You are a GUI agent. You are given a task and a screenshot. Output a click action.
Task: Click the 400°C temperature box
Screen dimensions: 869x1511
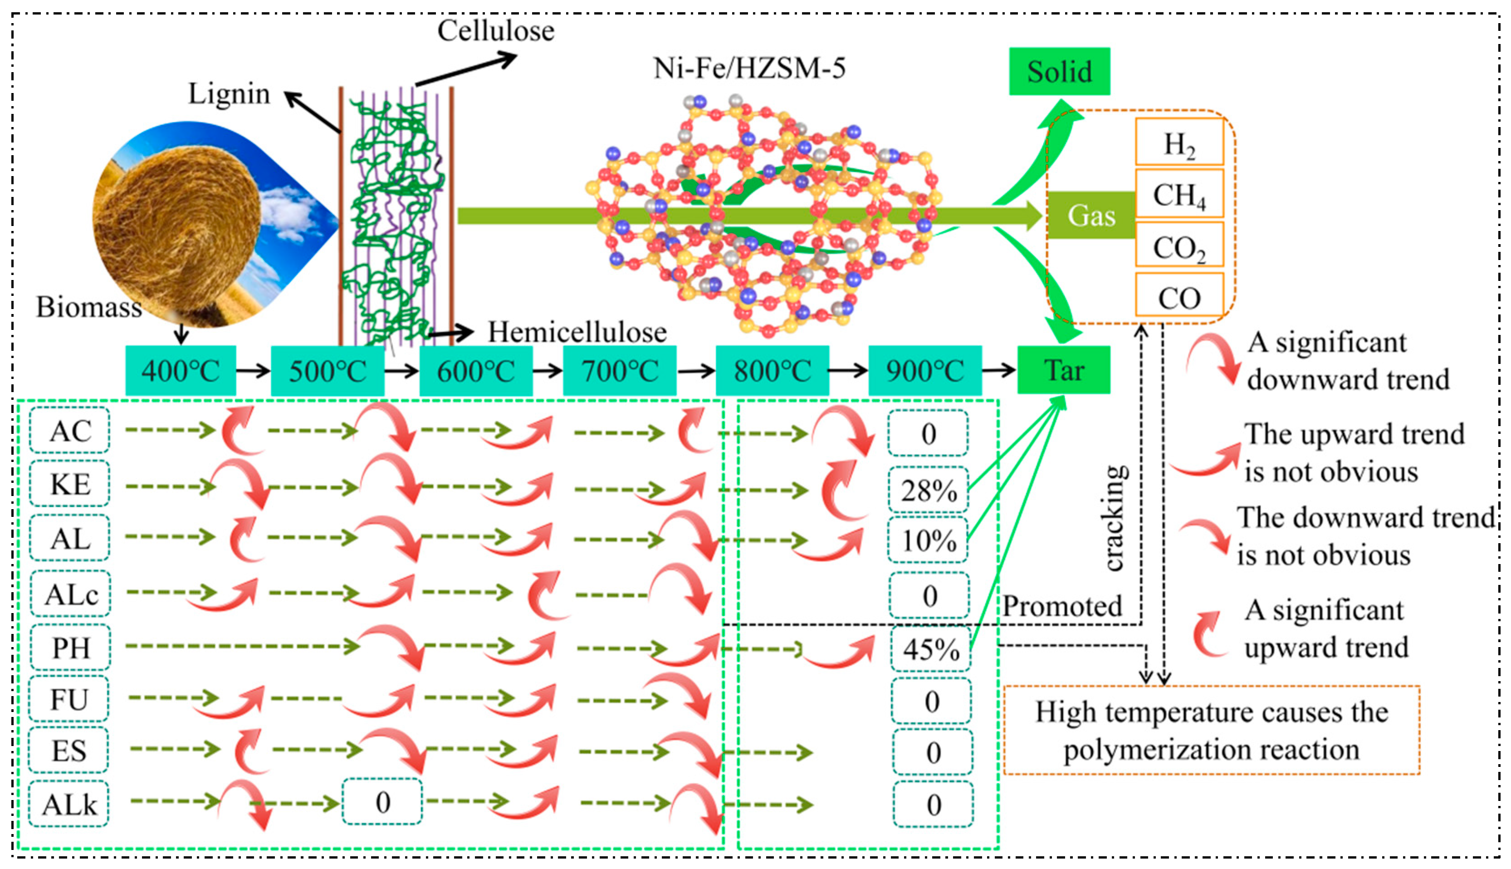tap(180, 371)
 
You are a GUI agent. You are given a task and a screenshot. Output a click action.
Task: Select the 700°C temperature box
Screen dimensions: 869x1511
tap(619, 371)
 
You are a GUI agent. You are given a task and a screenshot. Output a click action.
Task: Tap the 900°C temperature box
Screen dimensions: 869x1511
tap(924, 371)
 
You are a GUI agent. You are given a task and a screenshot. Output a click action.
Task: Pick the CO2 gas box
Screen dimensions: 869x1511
tap(1179, 246)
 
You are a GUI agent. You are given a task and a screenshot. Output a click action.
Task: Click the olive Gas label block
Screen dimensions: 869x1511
tap(1091, 216)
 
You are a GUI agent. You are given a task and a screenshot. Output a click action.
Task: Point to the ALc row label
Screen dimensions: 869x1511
tap(70, 594)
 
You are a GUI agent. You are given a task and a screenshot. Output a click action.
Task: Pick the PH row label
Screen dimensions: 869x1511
tap(70, 648)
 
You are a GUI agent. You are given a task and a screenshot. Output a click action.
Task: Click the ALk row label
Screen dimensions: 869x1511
tap(69, 805)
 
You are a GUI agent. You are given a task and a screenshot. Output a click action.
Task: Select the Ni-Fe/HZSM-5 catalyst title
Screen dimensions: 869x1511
tap(749, 68)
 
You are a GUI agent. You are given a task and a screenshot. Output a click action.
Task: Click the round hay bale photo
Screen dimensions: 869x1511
tap(179, 221)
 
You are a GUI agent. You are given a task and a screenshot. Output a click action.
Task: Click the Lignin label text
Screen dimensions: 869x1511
tap(229, 93)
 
